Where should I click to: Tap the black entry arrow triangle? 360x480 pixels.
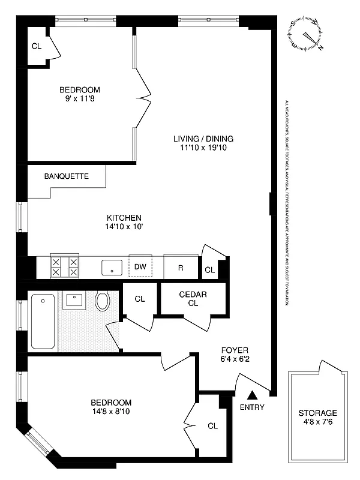253,395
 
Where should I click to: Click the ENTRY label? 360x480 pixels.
252,407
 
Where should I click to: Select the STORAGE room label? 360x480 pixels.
317,413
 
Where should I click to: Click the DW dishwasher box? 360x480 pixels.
140,266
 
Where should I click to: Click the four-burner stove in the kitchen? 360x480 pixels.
65,266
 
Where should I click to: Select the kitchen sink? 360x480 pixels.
112,267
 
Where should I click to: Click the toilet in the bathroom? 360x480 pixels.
103,300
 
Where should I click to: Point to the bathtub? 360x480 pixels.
43,321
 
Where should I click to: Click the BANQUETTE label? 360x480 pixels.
67,176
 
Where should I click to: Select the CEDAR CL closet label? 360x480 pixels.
193,298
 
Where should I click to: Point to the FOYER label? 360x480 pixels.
235,350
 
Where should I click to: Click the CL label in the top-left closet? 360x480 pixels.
37,46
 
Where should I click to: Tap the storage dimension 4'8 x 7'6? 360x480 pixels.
317,422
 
